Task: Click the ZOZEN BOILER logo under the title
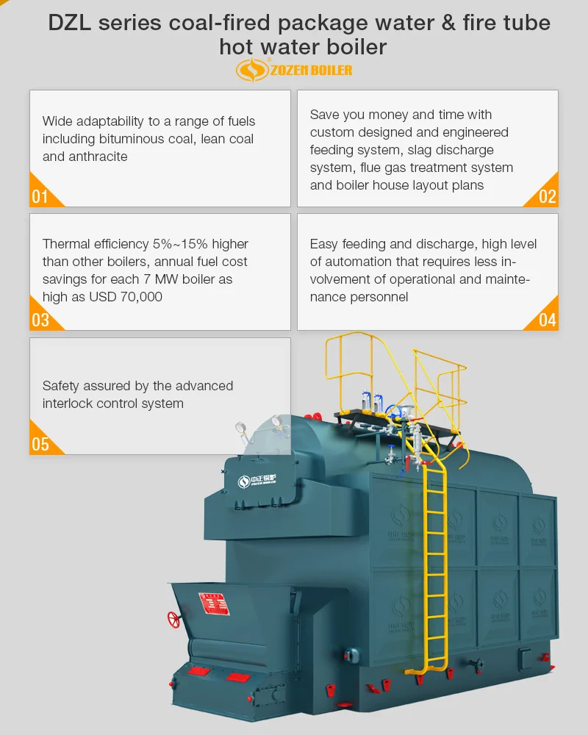tap(294, 70)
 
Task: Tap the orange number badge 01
tap(40, 196)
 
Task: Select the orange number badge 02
tap(548, 196)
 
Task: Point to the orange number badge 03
tap(40, 320)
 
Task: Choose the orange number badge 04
tap(548, 320)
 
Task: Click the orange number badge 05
tap(40, 444)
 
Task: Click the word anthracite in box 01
tap(96, 157)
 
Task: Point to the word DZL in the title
tap(70, 24)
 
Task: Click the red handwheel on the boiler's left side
tap(174, 619)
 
